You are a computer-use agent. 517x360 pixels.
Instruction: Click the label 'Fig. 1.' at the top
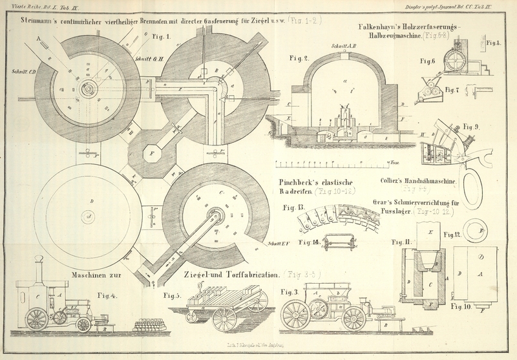(x=160, y=37)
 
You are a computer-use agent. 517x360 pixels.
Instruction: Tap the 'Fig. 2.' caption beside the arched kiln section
(x=299, y=58)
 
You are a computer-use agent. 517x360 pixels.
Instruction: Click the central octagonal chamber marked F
(x=151, y=154)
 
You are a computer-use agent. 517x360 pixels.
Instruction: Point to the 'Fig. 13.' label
(x=295, y=207)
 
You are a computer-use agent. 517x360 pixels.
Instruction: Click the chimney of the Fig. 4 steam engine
(x=38, y=268)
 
